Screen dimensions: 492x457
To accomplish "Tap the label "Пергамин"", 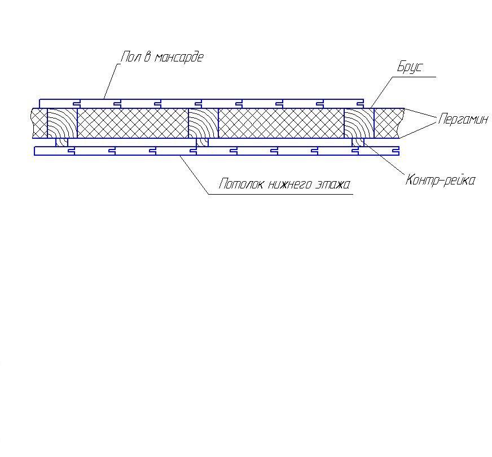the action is tap(463, 120).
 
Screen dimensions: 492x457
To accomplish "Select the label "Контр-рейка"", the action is tap(440, 181).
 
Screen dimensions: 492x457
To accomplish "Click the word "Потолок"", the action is tap(241, 184).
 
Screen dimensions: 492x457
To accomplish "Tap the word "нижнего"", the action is tap(290, 184).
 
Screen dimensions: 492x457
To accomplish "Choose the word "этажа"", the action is tap(332, 184).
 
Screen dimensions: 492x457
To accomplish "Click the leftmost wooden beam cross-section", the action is tap(62, 123).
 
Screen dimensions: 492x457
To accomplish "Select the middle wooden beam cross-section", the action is tap(203, 123).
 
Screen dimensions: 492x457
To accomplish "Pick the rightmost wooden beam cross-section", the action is tap(359, 123).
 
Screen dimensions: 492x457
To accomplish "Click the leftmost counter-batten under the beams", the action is tap(62, 142).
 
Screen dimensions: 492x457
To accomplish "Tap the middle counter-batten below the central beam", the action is tap(203, 142).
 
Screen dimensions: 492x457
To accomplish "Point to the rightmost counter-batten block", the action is tap(358, 142).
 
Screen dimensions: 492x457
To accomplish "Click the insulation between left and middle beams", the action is tap(133, 123).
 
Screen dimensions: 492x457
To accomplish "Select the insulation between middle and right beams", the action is tap(282, 123).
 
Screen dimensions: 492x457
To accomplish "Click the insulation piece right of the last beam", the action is tap(388, 123).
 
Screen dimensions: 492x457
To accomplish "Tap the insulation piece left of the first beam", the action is tap(39, 123).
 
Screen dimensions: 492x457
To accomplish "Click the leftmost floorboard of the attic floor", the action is tap(60, 104).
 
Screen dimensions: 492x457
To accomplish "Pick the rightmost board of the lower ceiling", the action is tap(379, 151).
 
